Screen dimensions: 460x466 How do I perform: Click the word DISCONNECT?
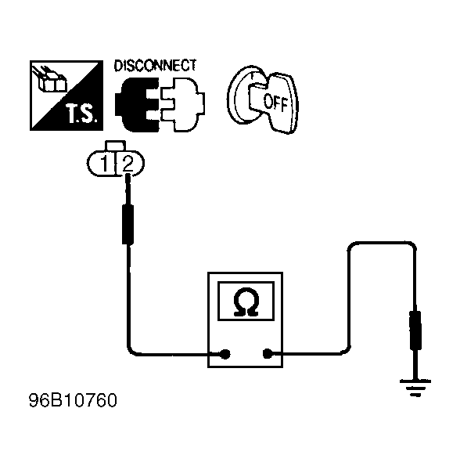[155, 66]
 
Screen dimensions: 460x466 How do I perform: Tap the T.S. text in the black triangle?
[82, 114]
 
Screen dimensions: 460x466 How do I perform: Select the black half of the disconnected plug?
[137, 104]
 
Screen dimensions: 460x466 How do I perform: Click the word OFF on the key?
[275, 103]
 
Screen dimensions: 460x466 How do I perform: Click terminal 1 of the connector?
[104, 164]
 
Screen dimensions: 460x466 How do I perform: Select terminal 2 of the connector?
[128, 164]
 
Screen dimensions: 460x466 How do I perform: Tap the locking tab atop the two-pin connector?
[116, 146]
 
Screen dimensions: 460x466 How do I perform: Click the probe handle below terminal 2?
[128, 224]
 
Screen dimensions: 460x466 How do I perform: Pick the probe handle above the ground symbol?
[415, 330]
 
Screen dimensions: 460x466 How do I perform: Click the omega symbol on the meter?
[246, 302]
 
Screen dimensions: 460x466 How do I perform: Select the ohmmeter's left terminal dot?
[225, 354]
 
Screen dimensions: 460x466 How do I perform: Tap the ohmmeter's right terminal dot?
[268, 354]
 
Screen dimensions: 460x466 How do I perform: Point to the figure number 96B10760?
[73, 400]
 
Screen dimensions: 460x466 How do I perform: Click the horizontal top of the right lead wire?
[382, 243]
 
